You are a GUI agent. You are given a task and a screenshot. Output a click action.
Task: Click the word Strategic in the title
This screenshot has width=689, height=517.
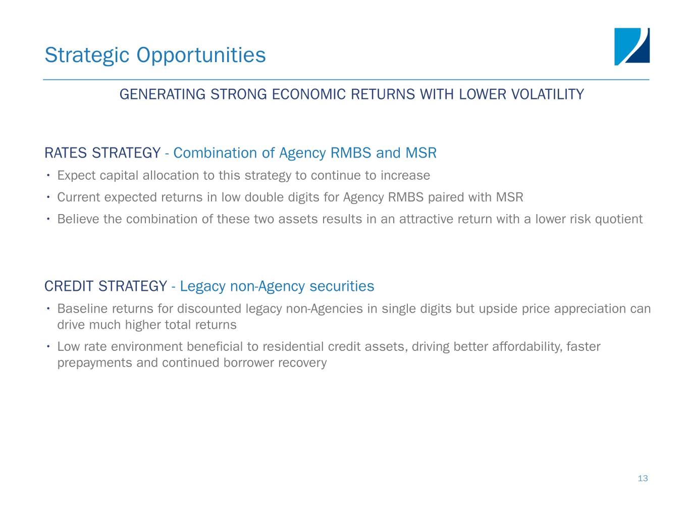87,56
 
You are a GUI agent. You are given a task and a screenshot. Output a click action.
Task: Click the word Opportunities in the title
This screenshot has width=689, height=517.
201,56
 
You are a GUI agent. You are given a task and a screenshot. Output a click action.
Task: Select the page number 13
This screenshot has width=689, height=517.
643,478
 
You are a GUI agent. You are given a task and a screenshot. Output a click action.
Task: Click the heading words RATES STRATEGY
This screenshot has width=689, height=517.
102,153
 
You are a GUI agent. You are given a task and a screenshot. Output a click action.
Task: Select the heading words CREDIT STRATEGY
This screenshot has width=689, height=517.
106,286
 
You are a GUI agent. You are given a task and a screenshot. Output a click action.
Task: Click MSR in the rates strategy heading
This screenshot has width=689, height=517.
421,153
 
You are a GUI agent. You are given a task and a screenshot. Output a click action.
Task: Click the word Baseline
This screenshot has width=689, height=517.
83,308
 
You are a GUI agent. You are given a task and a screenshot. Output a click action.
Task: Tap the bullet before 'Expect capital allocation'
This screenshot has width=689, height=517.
48,175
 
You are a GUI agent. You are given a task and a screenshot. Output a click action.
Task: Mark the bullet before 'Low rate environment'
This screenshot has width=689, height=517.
48,346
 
